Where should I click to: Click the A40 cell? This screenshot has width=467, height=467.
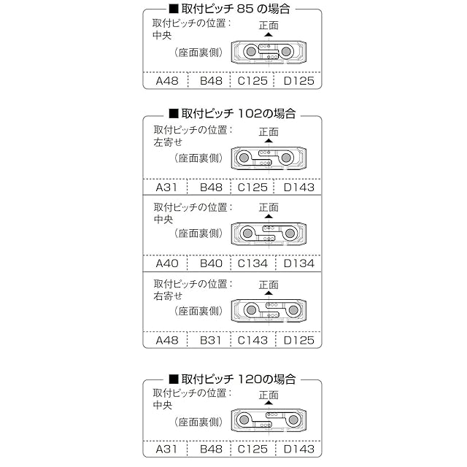tap(167, 263)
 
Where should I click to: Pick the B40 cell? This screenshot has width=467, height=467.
tap(211, 263)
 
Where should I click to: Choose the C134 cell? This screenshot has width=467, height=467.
tap(253, 263)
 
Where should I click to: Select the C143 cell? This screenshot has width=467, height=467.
tap(253, 340)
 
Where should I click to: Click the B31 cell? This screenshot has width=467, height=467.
tap(211, 340)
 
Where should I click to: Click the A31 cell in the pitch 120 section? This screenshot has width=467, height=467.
tap(167, 449)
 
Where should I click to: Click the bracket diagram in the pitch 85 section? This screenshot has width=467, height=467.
tap(268, 53)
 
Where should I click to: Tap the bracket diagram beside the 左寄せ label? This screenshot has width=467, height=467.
tap(268, 158)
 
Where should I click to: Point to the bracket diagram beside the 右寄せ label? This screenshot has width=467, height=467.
tap(268, 310)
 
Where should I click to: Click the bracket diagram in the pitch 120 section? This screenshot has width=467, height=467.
tap(268, 420)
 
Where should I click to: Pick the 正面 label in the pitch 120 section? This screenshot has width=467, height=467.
tap(269, 395)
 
